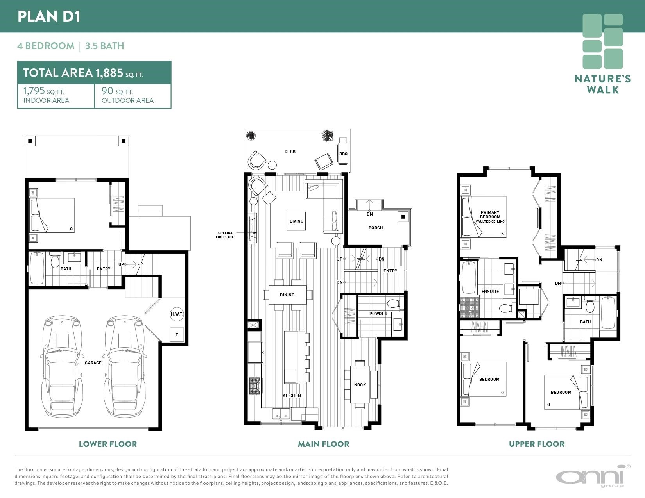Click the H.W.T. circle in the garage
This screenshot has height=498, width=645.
177,314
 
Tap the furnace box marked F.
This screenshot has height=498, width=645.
177,335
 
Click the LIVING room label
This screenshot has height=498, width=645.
297,221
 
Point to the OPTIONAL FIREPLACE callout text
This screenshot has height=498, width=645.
225,235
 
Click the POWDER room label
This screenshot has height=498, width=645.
378,314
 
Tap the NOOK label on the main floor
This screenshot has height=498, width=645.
360,385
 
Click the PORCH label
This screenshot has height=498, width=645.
376,228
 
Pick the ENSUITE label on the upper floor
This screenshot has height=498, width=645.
490,291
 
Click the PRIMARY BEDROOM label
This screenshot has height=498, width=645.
490,215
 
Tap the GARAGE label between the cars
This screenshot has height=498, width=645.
93,363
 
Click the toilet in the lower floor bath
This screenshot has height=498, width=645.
55,260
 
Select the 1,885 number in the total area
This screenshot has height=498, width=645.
109,73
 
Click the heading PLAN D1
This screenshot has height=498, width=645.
49,16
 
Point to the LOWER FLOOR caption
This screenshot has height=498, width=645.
108,444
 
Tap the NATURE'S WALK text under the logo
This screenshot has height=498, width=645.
603,84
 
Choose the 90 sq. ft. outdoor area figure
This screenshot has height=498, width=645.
117,91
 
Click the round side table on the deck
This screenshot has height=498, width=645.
272,165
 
